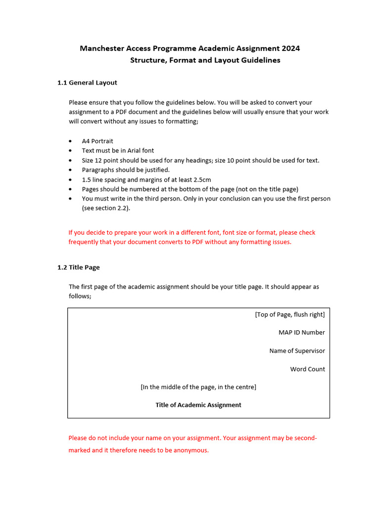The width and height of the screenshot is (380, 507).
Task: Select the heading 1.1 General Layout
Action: pyautogui.click(x=87, y=83)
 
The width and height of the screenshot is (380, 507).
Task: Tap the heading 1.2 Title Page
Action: pyautogui.click(x=79, y=267)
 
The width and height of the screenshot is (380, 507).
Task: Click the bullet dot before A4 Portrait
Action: pyautogui.click(x=71, y=141)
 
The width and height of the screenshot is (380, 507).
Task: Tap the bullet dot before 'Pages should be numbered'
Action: pyautogui.click(x=71, y=189)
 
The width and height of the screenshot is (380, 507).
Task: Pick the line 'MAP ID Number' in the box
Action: pyautogui.click(x=301, y=333)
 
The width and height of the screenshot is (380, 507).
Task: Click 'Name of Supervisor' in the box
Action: pyautogui.click(x=297, y=351)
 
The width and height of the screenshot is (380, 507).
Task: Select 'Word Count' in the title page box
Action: pyautogui.click(x=307, y=369)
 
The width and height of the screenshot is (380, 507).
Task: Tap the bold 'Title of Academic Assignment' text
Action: pyautogui.click(x=198, y=405)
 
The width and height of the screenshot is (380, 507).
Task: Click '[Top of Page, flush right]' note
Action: pyautogui.click(x=290, y=314)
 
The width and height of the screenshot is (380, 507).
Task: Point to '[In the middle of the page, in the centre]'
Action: pyautogui.click(x=198, y=387)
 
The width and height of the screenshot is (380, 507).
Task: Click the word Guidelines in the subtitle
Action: pyautogui.click(x=261, y=60)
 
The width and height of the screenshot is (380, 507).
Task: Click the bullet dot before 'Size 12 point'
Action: pyautogui.click(x=71, y=160)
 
